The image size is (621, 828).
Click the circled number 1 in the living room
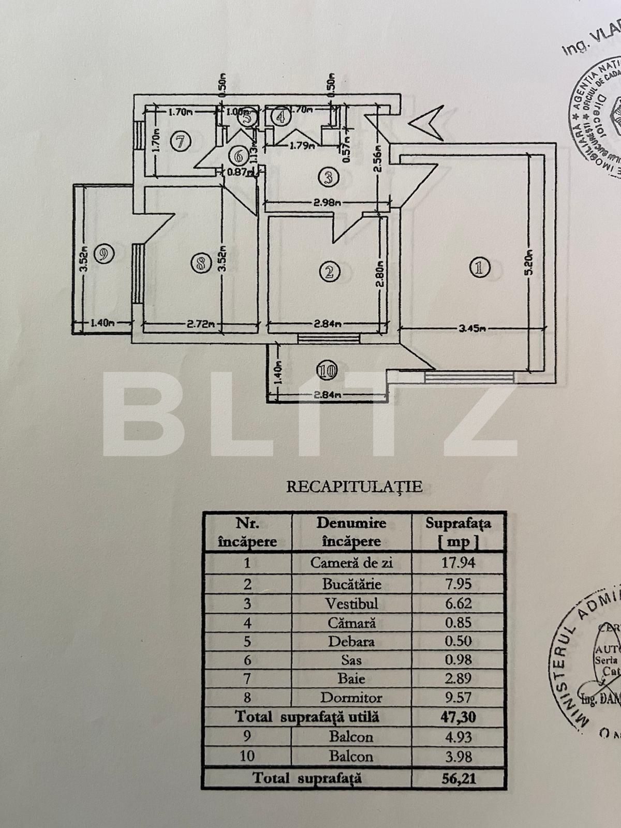point(478,268)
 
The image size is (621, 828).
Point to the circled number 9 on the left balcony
point(103,254)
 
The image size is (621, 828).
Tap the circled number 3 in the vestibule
point(327,178)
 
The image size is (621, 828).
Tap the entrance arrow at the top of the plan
point(426,109)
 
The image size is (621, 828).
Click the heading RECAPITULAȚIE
point(354,486)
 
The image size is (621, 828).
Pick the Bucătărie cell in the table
point(351,584)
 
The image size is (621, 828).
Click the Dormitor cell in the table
point(351,698)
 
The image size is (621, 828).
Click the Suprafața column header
point(458,532)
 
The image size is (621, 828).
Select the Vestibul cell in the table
point(351,603)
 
